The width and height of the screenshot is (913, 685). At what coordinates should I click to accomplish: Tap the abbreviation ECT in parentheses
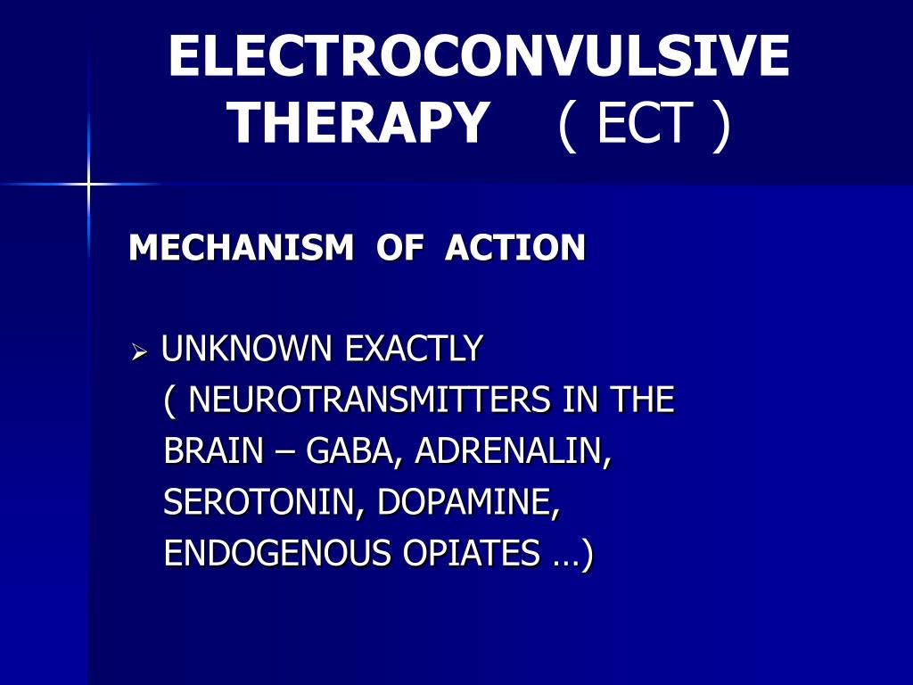point(645,122)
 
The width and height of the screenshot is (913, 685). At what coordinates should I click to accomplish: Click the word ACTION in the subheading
point(515,248)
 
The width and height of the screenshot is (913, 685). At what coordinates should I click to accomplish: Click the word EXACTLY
point(414,349)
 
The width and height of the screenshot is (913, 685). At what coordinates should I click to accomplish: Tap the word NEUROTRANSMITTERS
point(370,400)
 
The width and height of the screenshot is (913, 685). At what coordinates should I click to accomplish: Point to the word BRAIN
point(214,451)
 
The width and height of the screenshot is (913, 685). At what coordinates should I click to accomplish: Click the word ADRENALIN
point(513,451)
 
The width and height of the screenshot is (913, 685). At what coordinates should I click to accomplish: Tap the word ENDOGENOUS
point(277,554)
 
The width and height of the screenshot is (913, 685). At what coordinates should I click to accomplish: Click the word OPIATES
point(472,554)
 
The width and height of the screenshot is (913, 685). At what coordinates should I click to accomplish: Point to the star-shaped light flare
point(88,185)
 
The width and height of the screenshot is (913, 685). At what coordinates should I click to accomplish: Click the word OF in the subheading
point(400,248)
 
